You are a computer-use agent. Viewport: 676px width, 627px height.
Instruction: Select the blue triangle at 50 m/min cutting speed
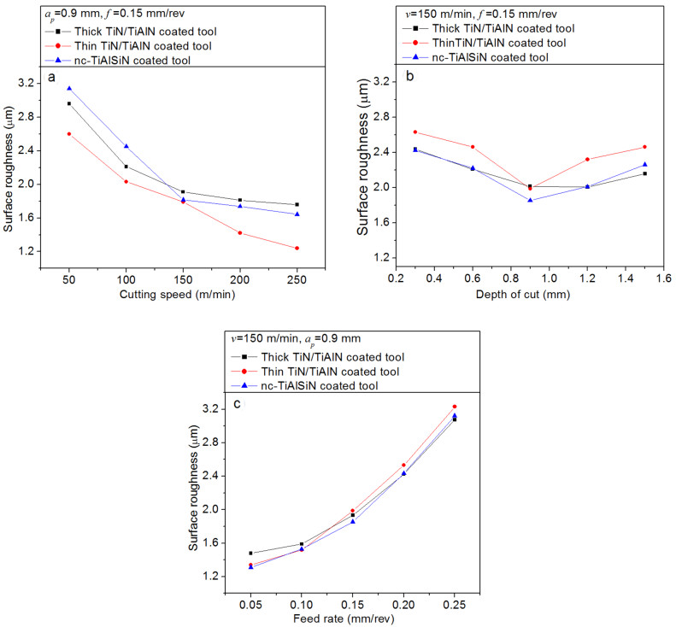coord(69,88)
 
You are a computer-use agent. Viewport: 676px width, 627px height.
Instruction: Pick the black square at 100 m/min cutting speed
coord(126,167)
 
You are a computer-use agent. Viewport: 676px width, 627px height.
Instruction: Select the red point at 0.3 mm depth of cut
coord(415,132)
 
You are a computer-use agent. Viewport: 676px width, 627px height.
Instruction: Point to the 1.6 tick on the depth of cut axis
coord(663,278)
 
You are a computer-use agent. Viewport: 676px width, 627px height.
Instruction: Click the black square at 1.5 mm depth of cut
coord(644,173)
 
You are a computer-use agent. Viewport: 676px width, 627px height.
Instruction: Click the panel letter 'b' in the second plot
coord(411,79)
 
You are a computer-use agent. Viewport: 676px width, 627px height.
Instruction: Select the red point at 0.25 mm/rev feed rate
coord(455,407)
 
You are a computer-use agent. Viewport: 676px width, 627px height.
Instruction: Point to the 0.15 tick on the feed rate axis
coord(352,593)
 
